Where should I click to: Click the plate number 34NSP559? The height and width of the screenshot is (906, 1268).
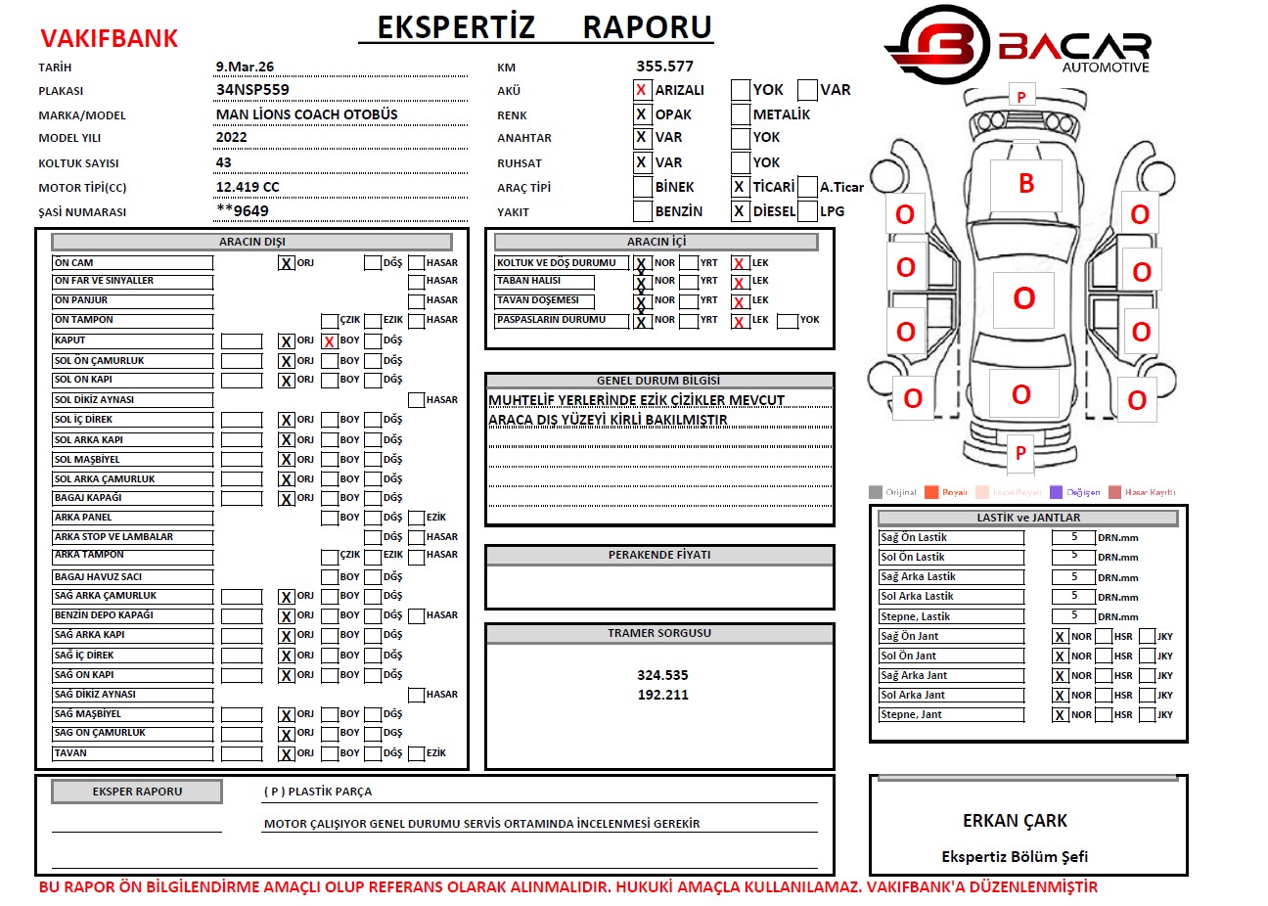tap(252, 90)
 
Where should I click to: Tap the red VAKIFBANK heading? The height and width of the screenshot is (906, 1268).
tap(109, 39)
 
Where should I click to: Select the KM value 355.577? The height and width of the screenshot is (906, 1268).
tap(664, 67)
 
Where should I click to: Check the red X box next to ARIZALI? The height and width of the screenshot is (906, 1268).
tap(641, 90)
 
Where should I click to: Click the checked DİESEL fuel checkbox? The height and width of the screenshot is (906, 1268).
tap(740, 210)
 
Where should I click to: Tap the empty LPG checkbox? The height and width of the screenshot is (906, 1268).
tap(807, 210)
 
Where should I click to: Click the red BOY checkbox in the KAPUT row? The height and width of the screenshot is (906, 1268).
tap(330, 341)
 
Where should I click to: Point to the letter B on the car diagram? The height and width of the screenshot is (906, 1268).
tap(1026, 184)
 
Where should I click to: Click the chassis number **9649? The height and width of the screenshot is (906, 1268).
tap(243, 210)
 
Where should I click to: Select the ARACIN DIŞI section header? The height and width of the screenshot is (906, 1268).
tap(251, 242)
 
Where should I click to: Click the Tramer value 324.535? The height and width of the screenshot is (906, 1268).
tap(662, 675)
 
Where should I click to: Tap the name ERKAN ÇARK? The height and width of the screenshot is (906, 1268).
tap(1015, 821)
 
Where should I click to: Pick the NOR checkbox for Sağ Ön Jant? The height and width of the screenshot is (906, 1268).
tap(1060, 637)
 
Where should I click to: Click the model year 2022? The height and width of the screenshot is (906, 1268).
tap(232, 137)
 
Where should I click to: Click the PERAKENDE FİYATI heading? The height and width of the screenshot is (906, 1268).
tap(659, 555)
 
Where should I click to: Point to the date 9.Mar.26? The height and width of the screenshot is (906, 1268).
tap(245, 67)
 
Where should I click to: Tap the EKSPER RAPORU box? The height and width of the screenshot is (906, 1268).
tap(137, 792)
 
